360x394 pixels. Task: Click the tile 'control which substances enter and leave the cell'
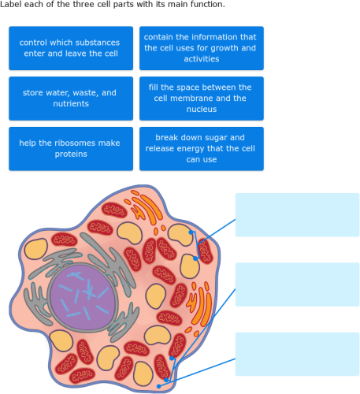pyautogui.click(x=69, y=48)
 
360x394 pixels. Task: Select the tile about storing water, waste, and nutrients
pyautogui.click(x=69, y=98)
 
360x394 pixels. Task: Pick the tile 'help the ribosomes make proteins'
pyautogui.click(x=69, y=148)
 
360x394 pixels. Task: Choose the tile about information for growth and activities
pyautogui.click(x=201, y=48)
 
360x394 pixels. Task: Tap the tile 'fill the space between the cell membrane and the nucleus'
pyautogui.click(x=201, y=98)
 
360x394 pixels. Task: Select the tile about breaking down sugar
pyautogui.click(x=201, y=148)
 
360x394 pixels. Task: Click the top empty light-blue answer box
pyautogui.click(x=297, y=214)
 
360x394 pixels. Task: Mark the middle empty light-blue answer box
pyautogui.click(x=297, y=284)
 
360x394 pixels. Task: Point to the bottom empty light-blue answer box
pyautogui.click(x=297, y=354)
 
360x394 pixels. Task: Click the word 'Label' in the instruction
pyautogui.click(x=10, y=5)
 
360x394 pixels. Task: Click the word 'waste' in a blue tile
pyautogui.click(x=86, y=92)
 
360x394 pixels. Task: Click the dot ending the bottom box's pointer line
pyautogui.click(x=159, y=386)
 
